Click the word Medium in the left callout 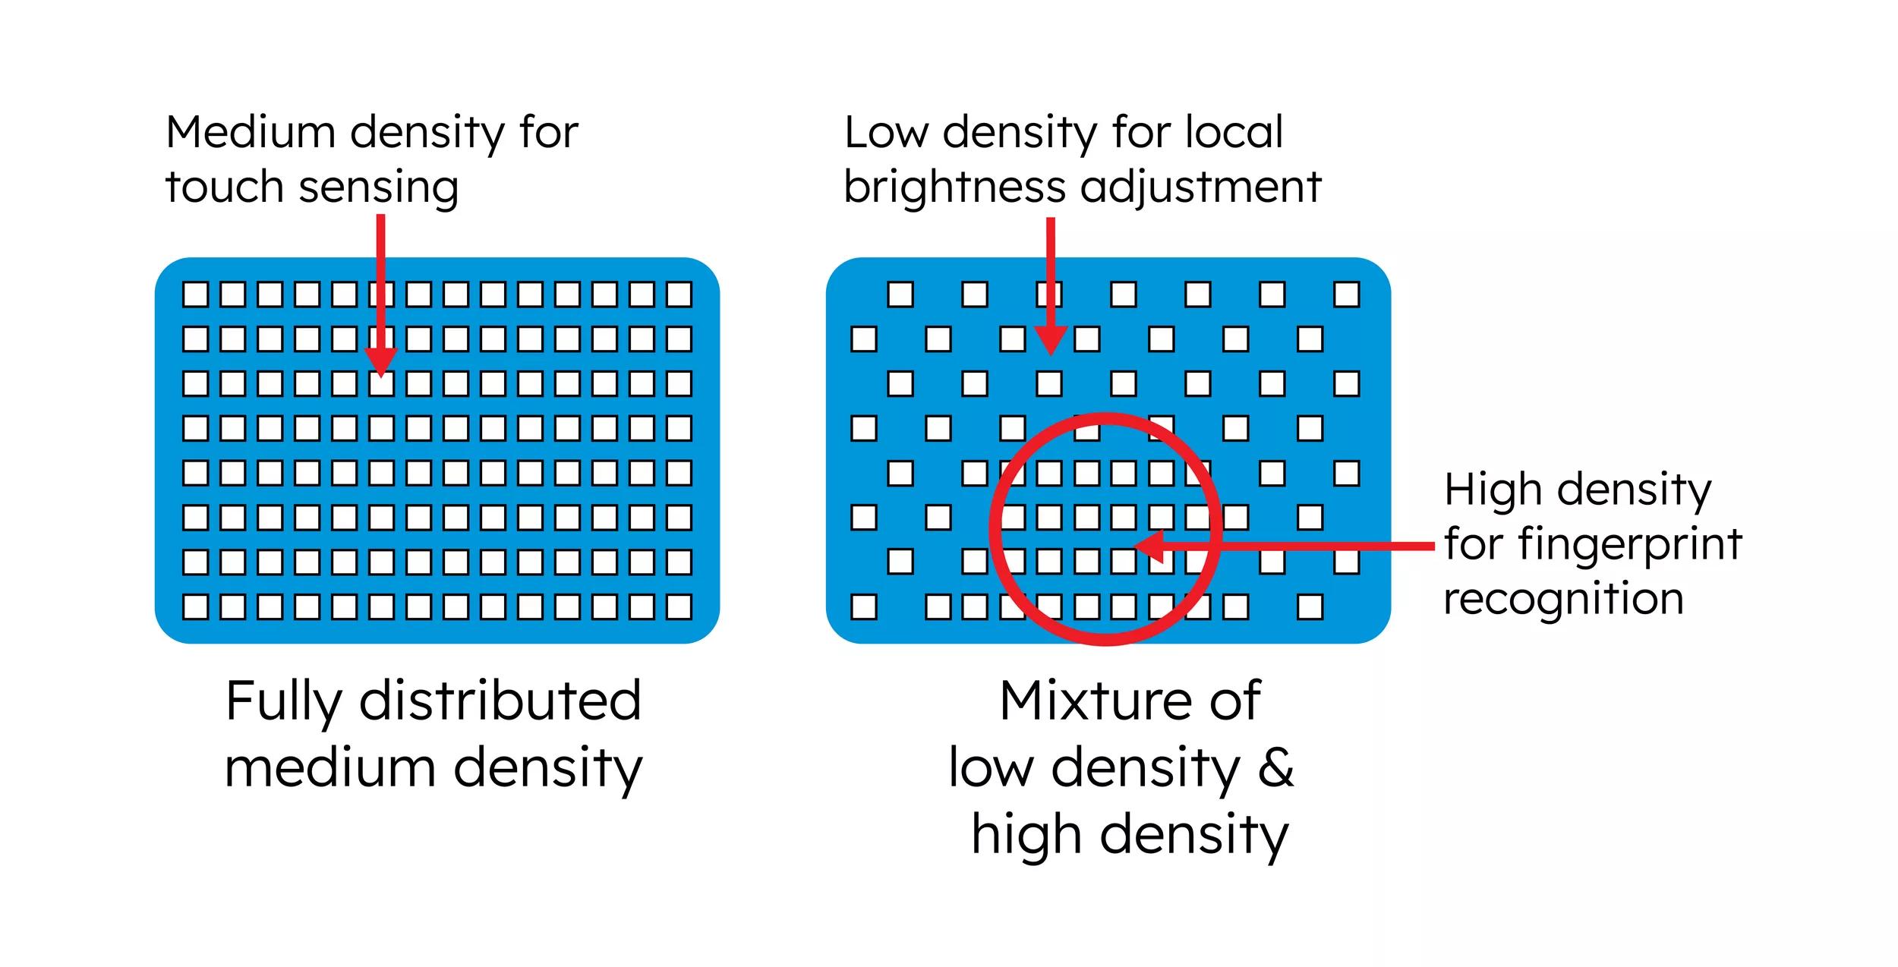coord(251,132)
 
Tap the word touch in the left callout coord(225,187)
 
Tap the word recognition coord(1563,599)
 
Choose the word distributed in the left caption coord(500,701)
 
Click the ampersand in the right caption coord(1276,767)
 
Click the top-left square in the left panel coord(195,295)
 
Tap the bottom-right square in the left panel coord(679,607)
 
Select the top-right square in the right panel coord(1346,295)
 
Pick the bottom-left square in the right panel coord(864,607)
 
